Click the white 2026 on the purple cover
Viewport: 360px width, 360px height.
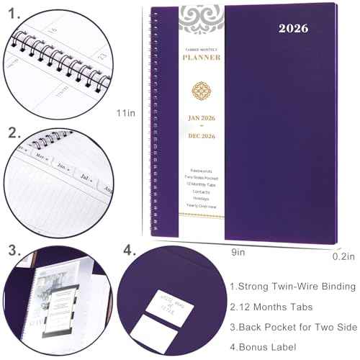(x=290, y=29)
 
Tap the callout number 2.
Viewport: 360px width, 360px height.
(x=14, y=134)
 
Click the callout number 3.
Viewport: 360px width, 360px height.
(x=14, y=250)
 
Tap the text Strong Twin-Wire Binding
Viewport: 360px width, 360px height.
(x=294, y=287)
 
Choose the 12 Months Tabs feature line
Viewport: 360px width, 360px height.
(x=273, y=307)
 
